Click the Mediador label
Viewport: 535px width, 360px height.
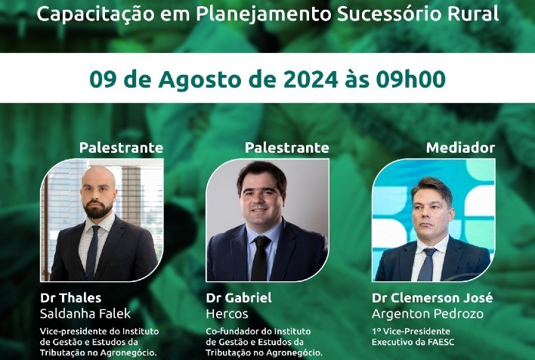click(x=460, y=147)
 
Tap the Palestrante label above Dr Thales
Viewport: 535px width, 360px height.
click(x=121, y=147)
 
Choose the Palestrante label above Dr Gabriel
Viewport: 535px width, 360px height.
click(x=287, y=147)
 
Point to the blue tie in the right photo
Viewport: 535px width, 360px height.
click(x=427, y=265)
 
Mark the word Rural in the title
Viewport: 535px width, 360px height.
click(x=475, y=14)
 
